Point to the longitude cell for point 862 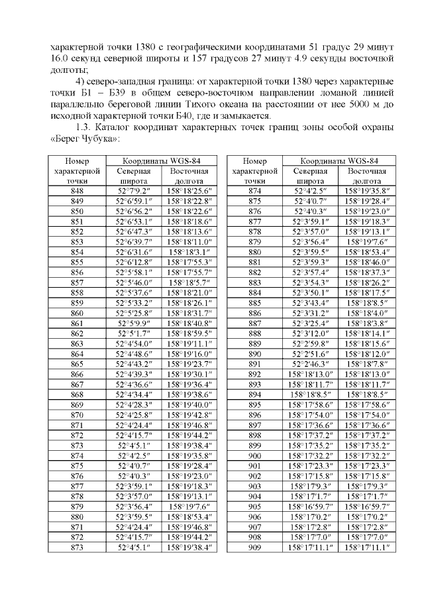tap(187, 334)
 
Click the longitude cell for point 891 tap(367, 365)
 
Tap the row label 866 tap(77, 375)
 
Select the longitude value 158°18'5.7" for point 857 tap(187, 282)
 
